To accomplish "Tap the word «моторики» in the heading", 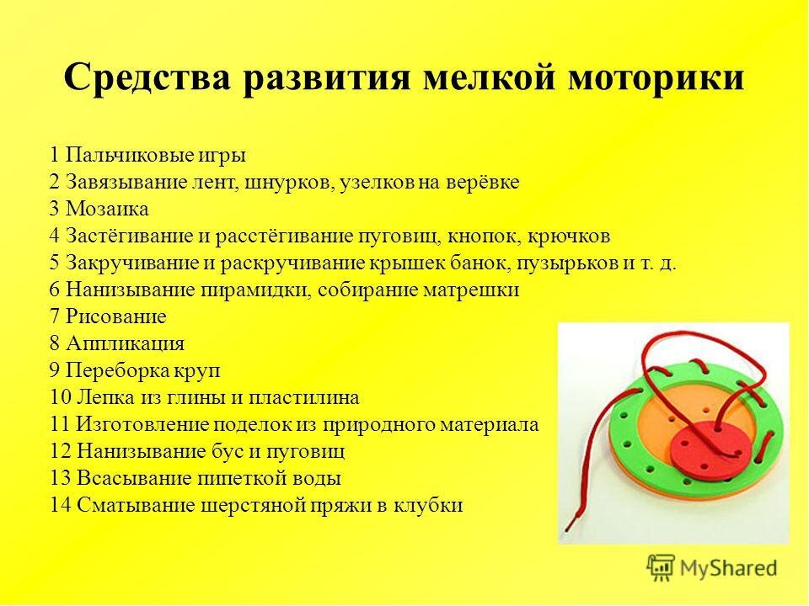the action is pos(656,77).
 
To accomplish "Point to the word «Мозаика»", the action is pos(107,209).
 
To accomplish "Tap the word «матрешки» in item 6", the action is pos(471,290).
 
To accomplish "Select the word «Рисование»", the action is pos(116,316).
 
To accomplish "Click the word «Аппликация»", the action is pos(125,343).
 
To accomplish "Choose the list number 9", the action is pos(55,370).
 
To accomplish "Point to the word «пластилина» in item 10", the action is pos(304,398).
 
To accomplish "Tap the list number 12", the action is pos(61,451).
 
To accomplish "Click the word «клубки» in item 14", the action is pos(428,505).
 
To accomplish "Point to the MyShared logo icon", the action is pos(661,567).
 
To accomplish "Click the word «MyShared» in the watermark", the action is pos(728,568).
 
